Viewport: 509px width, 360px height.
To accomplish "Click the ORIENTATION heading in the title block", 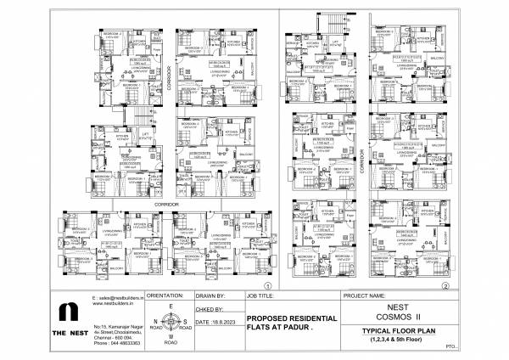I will (166, 295).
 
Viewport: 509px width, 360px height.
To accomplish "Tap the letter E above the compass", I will (171, 305).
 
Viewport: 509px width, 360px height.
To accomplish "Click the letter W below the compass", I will (171, 339).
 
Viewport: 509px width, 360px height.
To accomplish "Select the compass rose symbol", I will (171, 322).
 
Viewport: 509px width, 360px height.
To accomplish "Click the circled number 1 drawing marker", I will (267, 285).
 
